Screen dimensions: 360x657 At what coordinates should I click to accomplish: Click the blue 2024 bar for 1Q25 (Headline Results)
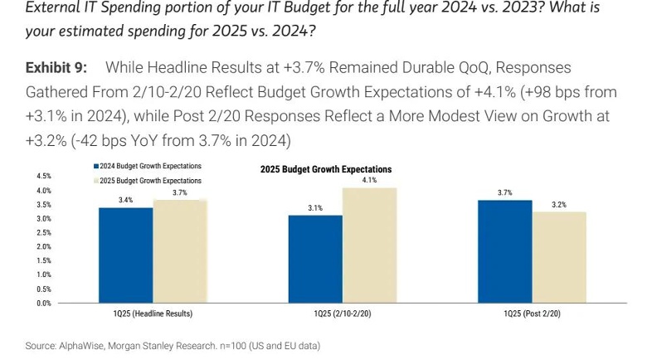point(125,255)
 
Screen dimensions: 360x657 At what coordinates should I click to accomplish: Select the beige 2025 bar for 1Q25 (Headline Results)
point(179,251)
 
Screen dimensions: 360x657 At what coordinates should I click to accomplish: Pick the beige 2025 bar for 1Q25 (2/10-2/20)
point(369,246)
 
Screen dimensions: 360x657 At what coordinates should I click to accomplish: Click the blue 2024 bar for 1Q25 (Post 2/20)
point(504,251)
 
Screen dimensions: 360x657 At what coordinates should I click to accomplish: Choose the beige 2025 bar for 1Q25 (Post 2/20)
point(558,258)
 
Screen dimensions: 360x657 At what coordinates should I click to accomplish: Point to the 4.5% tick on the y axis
point(44,177)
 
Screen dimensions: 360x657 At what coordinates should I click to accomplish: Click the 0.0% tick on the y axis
point(44,304)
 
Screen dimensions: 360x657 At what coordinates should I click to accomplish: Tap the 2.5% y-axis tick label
point(44,233)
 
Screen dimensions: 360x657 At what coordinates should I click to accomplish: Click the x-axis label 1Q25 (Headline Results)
point(153,314)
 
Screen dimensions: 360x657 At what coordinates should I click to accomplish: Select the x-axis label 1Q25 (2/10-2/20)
point(342,314)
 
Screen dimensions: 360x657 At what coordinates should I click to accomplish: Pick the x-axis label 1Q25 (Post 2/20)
point(532,314)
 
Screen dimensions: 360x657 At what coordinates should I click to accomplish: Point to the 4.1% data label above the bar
point(369,180)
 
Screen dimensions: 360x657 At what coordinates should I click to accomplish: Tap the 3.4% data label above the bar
point(125,200)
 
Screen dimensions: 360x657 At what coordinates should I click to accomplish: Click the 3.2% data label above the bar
point(558,204)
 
